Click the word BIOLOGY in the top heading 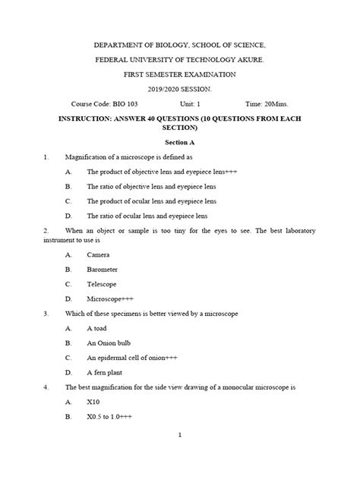tap(168, 46)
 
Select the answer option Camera tap(99, 254)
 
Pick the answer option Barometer tap(103, 269)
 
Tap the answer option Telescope tap(103, 283)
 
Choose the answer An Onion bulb tap(109, 343)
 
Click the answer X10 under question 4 tap(94, 402)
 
